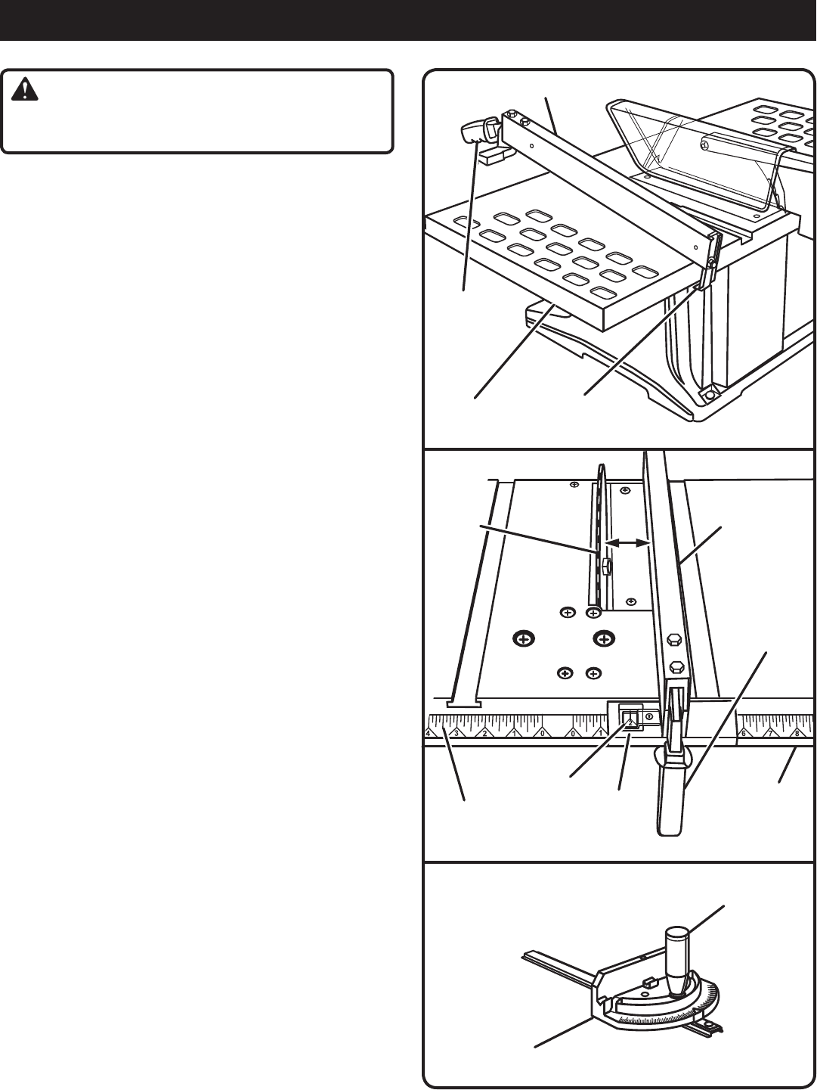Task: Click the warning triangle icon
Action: (28, 92)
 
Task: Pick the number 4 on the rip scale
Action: (428, 733)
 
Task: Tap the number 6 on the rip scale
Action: (744, 733)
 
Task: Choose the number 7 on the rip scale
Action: (770, 733)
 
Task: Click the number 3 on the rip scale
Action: (456, 733)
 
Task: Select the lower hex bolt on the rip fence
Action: (676, 668)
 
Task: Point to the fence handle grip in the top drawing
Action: (476, 133)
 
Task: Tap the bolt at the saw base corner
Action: (710, 395)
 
